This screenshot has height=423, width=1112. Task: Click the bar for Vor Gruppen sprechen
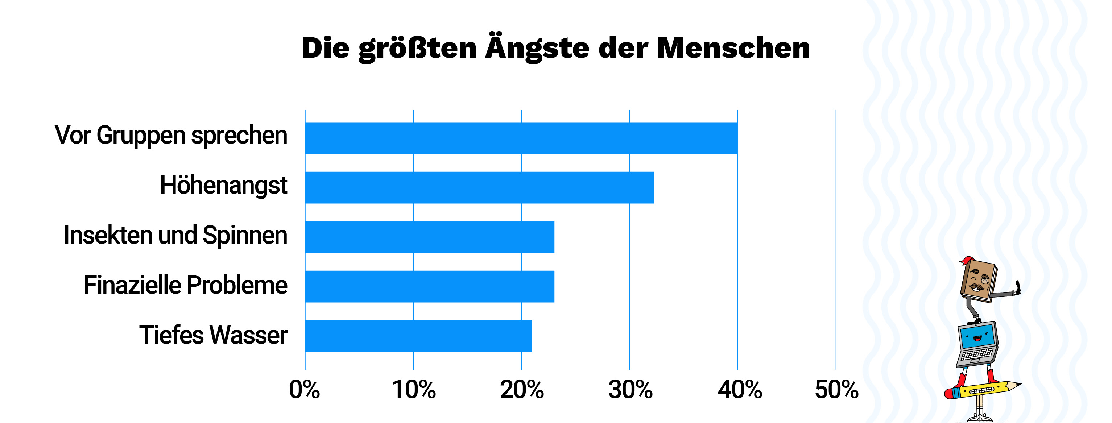coord(521,138)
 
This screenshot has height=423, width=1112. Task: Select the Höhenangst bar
coord(479,187)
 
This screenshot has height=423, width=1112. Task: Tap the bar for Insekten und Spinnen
coord(430,237)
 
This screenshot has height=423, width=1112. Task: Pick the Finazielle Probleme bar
coord(430,286)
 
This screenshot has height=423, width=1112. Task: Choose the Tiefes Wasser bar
coord(418,336)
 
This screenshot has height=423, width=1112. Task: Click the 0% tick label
coord(304,390)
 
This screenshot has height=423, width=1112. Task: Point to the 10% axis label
coord(414,390)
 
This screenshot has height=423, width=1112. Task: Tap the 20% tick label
coord(521,390)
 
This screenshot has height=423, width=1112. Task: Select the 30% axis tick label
coord(630,390)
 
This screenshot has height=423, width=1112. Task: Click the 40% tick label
coord(740,390)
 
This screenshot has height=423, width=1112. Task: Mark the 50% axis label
coord(836,390)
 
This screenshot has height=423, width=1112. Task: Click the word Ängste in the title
coord(537,47)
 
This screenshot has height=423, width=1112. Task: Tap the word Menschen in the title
coord(733,47)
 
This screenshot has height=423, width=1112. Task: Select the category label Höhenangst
coord(223,186)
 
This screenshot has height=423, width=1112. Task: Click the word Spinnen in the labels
coord(245,235)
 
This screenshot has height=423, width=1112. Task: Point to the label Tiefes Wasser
coord(213,335)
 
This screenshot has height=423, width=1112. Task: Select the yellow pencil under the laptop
coord(982,390)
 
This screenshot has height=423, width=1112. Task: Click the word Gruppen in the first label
coord(141,136)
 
